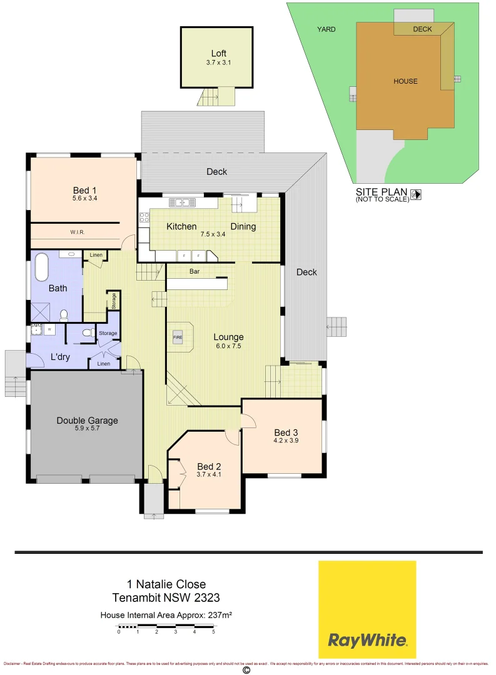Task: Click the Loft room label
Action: pos(218,54)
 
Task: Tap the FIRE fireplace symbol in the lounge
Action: pos(177,337)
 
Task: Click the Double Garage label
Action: pos(87,421)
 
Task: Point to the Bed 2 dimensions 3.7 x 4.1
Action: pos(209,475)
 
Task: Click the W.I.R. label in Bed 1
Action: pos(78,232)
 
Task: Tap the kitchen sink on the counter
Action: pos(182,202)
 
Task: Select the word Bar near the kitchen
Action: pos(195,272)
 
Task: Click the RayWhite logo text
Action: pos(367,640)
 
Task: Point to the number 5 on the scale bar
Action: pos(213,632)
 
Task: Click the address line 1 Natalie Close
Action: pos(166,585)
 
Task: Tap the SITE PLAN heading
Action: pos(382,192)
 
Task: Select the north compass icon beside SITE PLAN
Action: pos(417,194)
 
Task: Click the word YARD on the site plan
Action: pos(326,29)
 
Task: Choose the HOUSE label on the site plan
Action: pos(405,81)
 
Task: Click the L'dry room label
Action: pos(61,357)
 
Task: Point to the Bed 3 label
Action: pos(283,432)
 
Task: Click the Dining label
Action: pos(243,226)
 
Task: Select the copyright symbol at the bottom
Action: pos(246,670)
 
